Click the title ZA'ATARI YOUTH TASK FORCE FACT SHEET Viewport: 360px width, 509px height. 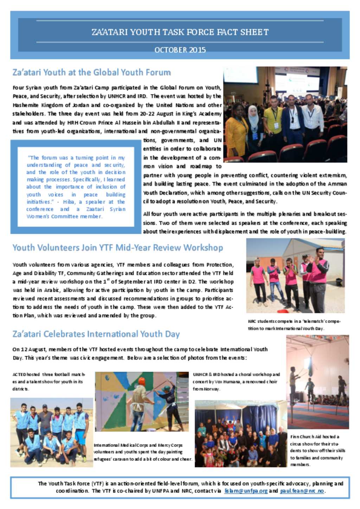point(180,32)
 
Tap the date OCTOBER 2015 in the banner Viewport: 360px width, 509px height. point(180,50)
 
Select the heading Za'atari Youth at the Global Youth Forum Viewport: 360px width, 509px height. point(91,72)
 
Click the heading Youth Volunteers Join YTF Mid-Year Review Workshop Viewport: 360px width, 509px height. point(117,248)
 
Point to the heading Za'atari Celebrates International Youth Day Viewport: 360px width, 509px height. point(96,334)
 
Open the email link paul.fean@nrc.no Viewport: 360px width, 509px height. point(302,491)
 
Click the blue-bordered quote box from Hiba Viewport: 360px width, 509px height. point(76,187)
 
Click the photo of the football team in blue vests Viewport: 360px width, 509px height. point(51,432)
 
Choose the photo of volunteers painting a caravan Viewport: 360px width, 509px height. point(142,401)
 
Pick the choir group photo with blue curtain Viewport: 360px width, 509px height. point(240,433)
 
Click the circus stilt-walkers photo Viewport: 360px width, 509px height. point(317,382)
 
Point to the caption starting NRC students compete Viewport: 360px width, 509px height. point(294,325)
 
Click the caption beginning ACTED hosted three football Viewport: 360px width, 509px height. point(49,381)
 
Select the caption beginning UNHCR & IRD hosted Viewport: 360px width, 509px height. point(236,381)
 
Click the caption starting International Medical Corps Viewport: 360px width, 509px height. point(143,452)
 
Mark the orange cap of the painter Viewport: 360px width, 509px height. point(142,381)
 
